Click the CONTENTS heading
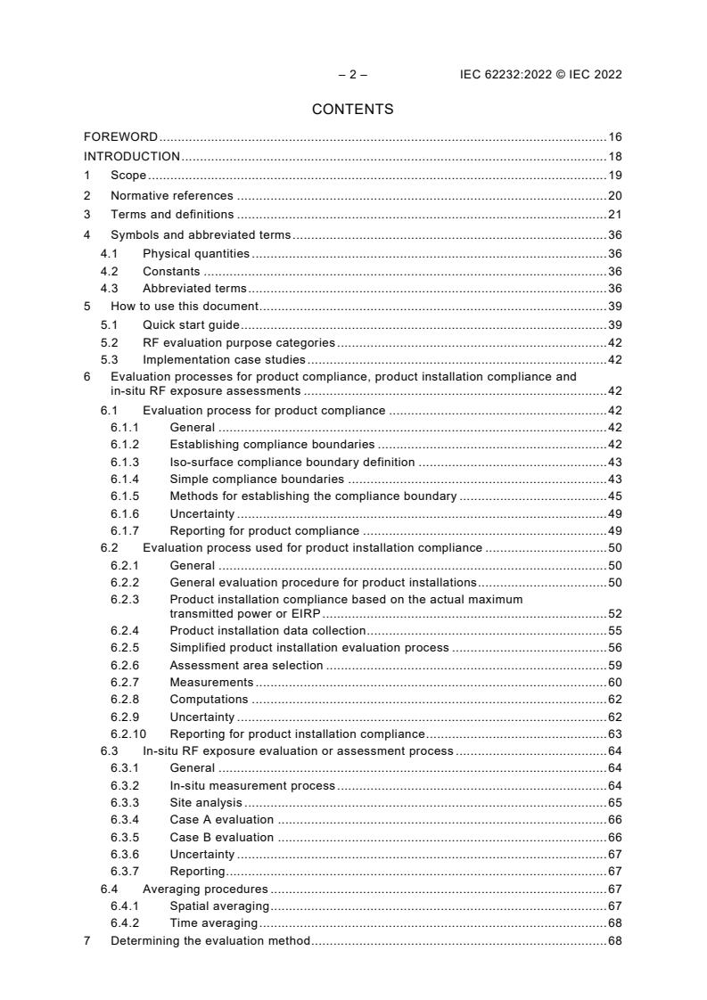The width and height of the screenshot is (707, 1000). (x=352, y=110)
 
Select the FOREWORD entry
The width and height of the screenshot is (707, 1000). (x=120, y=137)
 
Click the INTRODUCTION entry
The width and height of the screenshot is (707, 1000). (x=132, y=157)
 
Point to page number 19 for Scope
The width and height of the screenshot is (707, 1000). (x=614, y=176)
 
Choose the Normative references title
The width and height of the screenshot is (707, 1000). (x=171, y=195)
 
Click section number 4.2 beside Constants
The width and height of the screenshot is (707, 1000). (x=109, y=272)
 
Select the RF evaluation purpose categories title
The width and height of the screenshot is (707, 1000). (x=238, y=342)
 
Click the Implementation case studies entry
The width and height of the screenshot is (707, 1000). (x=224, y=360)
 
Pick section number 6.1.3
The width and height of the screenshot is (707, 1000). (x=125, y=462)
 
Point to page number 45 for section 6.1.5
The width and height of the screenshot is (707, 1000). (x=614, y=496)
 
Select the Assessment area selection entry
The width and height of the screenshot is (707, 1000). (x=246, y=665)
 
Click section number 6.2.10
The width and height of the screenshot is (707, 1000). (x=128, y=734)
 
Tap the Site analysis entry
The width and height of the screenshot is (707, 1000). (x=206, y=802)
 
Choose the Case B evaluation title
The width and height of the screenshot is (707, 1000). (x=221, y=837)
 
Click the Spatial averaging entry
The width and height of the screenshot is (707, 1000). (x=219, y=906)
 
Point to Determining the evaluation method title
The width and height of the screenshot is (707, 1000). (x=210, y=940)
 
